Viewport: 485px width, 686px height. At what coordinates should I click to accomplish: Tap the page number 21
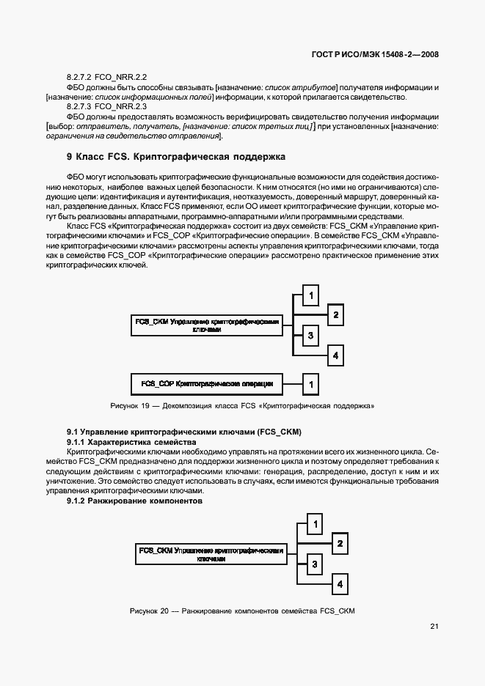(434, 626)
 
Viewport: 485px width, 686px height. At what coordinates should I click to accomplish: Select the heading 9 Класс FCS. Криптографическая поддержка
(175, 157)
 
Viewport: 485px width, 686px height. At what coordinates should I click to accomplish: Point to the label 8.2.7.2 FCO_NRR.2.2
(107, 77)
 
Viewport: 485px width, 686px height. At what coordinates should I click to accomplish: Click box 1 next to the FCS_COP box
(311, 383)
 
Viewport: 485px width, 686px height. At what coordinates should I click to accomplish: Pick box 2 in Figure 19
(335, 315)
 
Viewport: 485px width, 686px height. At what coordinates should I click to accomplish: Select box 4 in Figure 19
(335, 355)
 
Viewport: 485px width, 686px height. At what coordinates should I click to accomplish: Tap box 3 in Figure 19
(311, 336)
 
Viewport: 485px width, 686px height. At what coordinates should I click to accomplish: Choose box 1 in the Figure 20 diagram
(314, 524)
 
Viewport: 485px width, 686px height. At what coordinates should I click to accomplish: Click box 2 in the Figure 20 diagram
(339, 544)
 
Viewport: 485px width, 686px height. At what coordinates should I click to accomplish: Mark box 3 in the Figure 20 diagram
(314, 564)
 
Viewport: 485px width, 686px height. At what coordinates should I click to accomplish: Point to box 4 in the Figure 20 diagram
(339, 584)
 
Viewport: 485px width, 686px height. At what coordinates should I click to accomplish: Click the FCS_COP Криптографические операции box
(207, 383)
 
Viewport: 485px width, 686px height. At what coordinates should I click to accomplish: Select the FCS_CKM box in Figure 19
(207, 325)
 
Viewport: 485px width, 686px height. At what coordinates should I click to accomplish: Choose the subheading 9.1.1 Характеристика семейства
(131, 443)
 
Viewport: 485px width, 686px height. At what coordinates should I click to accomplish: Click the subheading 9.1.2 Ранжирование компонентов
(134, 501)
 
